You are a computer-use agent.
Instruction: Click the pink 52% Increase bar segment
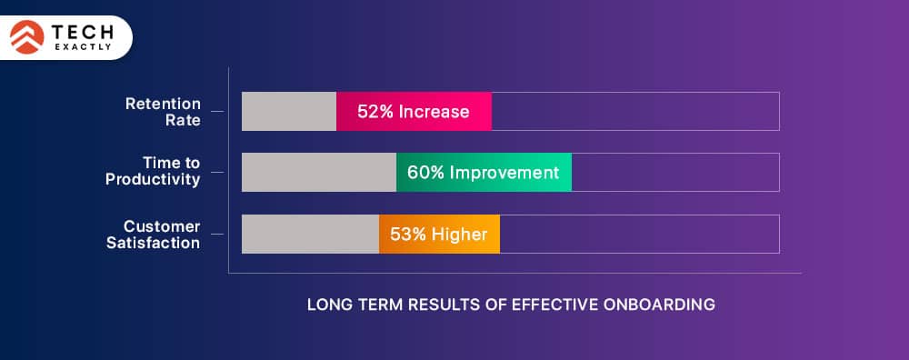[414, 111]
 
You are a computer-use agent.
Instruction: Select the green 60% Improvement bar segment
[484, 172]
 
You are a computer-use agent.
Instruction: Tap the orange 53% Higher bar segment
[439, 234]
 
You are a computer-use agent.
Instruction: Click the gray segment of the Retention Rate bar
[289, 111]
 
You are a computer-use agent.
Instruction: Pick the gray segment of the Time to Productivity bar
[319, 172]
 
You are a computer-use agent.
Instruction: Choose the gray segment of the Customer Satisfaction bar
[310, 234]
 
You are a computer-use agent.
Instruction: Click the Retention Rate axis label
[163, 111]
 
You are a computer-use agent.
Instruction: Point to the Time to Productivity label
[153, 171]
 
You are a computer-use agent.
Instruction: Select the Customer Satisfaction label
[153, 234]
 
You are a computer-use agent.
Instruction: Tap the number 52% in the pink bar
[373, 112]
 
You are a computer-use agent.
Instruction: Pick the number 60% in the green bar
[425, 173]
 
